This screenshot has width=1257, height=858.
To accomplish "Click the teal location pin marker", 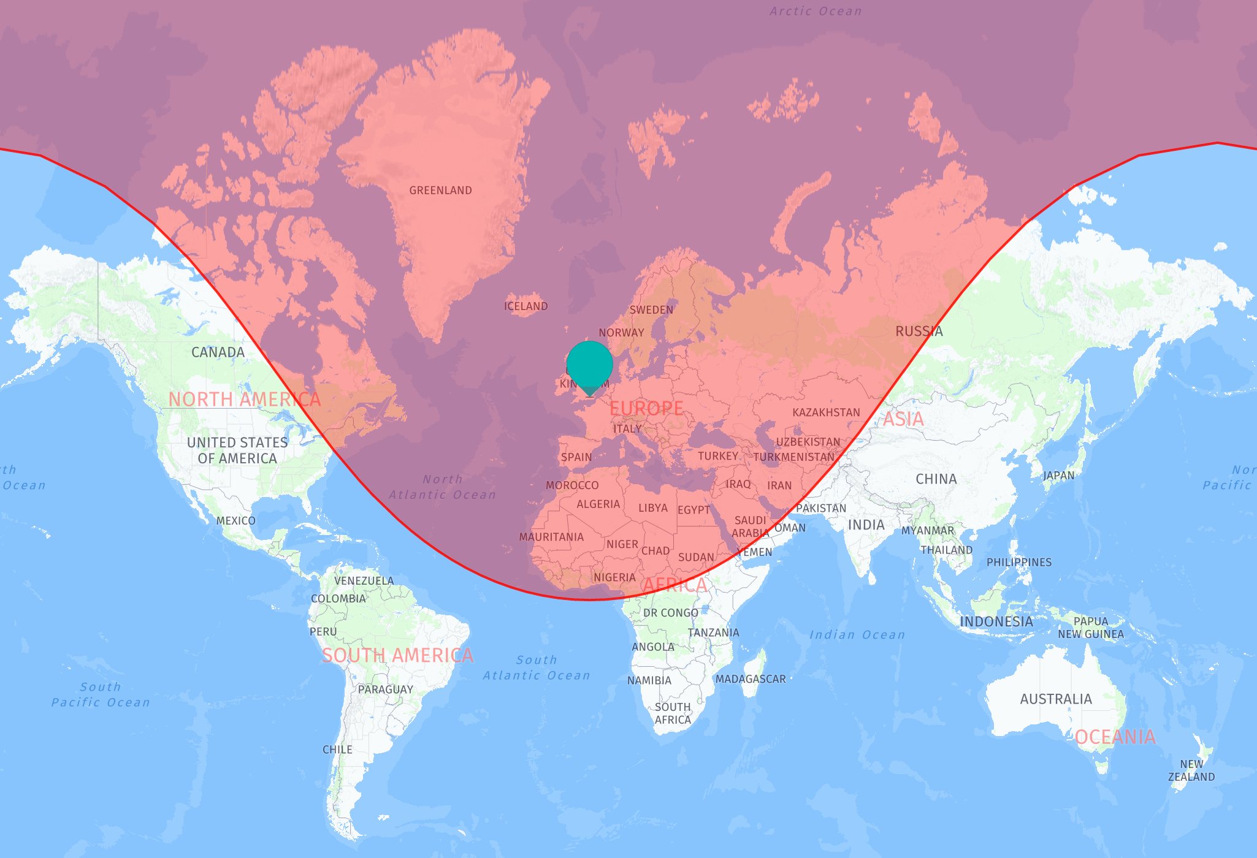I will [x=589, y=365].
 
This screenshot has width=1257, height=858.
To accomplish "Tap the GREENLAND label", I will [x=440, y=191].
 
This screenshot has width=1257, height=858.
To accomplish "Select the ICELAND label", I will [x=525, y=306].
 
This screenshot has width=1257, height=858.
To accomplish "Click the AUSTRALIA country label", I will [x=1055, y=699].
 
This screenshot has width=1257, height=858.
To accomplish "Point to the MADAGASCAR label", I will [x=750, y=679].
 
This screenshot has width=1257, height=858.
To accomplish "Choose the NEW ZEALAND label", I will [x=1191, y=770].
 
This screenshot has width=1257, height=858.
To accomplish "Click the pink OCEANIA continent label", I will [x=1115, y=737].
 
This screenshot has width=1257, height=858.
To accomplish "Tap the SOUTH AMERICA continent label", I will [x=397, y=656].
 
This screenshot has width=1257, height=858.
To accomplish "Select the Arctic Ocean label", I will [x=815, y=12].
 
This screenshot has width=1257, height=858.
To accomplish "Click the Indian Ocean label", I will [x=857, y=635].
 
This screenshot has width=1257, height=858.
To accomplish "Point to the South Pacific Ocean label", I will [x=101, y=695].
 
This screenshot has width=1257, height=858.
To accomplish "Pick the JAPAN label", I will [x=1058, y=476].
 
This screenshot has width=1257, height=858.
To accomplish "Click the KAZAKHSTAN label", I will [x=826, y=412].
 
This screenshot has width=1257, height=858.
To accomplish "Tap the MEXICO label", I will [x=235, y=521].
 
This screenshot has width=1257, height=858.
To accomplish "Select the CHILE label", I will [x=337, y=750].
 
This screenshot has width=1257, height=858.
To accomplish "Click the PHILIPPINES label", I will [x=1018, y=563].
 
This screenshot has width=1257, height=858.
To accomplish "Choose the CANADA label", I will [x=218, y=352].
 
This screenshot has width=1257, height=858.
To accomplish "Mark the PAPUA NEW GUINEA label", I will [x=1090, y=628].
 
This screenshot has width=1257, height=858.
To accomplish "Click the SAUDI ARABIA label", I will [x=750, y=527].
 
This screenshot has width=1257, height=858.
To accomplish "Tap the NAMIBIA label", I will [x=649, y=680].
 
